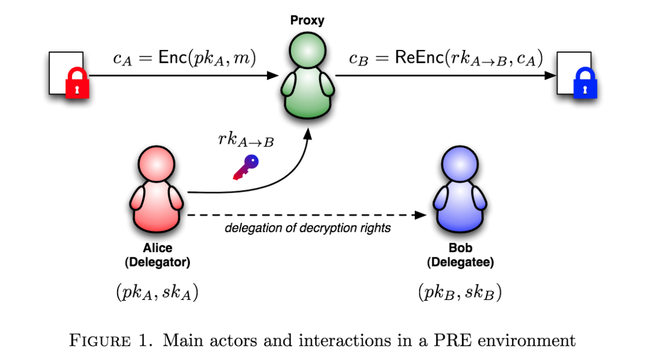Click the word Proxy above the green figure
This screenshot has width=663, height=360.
[x=307, y=21]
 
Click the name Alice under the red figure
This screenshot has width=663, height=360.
[x=158, y=248]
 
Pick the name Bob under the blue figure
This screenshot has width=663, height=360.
[x=460, y=248]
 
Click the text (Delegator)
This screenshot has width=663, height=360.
[x=158, y=262]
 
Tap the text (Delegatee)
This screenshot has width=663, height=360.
[x=460, y=262]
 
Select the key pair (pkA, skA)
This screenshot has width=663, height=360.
[x=158, y=292]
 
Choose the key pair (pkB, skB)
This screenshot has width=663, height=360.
[x=460, y=292]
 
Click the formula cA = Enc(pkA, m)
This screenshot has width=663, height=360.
[x=184, y=59]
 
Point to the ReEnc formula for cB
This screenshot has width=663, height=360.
[x=446, y=59]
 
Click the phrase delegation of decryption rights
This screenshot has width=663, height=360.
[x=308, y=228]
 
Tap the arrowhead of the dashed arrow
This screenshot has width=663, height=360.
[x=423, y=214]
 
